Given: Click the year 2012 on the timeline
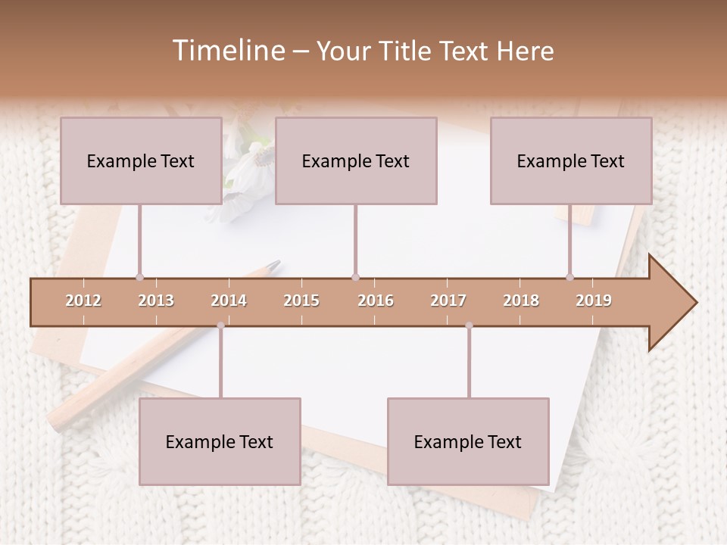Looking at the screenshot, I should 83,301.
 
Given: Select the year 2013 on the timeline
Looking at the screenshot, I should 156,301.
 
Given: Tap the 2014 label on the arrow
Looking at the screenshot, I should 229,301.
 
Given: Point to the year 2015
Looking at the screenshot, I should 301,301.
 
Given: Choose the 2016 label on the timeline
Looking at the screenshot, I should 375,301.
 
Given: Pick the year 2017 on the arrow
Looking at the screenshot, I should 448,301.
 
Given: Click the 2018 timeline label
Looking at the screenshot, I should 521,301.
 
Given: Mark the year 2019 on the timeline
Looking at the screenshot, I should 594,301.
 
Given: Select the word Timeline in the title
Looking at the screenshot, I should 227,51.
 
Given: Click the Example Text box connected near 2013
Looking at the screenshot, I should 141,160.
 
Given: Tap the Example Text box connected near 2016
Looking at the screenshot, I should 356,160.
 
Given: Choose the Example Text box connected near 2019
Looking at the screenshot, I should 571,160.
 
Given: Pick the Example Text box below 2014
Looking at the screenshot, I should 220,441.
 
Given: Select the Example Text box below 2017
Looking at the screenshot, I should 468,441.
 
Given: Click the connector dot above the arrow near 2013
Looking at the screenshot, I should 139,277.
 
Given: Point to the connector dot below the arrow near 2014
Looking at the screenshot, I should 220,325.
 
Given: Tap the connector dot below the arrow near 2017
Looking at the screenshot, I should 469,325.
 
